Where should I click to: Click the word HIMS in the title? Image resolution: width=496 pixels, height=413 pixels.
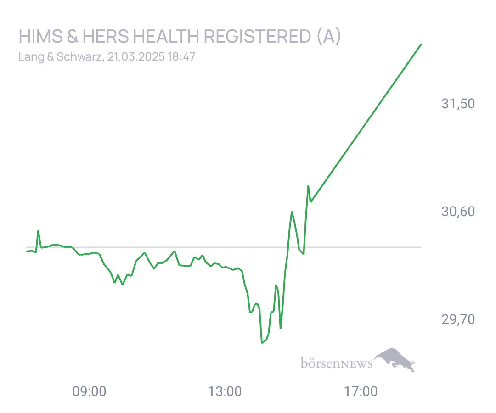click(41, 36)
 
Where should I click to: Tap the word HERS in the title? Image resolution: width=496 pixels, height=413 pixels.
click(106, 36)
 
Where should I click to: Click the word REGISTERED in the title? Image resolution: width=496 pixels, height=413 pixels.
click(258, 36)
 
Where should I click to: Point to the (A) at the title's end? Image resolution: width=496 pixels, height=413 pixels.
click(329, 36)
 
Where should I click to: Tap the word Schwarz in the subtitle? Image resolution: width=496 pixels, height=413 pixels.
click(79, 56)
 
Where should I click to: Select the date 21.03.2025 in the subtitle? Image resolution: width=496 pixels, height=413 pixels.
click(136, 56)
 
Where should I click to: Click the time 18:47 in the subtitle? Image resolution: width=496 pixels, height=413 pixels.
click(181, 56)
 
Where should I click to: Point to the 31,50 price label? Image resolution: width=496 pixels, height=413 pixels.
click(458, 104)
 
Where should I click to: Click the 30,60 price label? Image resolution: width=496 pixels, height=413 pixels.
click(458, 212)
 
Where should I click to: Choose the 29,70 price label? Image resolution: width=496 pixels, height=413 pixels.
click(458, 319)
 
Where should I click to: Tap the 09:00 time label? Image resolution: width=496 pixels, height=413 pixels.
click(89, 391)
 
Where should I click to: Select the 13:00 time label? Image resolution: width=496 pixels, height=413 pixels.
click(225, 391)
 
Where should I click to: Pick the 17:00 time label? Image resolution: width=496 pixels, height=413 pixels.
click(361, 391)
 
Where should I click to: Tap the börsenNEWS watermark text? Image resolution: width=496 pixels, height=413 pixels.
click(337, 363)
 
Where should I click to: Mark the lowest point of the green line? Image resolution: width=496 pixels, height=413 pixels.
click(262, 343)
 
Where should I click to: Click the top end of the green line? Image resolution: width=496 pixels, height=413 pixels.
click(421, 44)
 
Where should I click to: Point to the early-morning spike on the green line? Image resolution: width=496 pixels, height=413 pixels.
click(38, 231)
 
